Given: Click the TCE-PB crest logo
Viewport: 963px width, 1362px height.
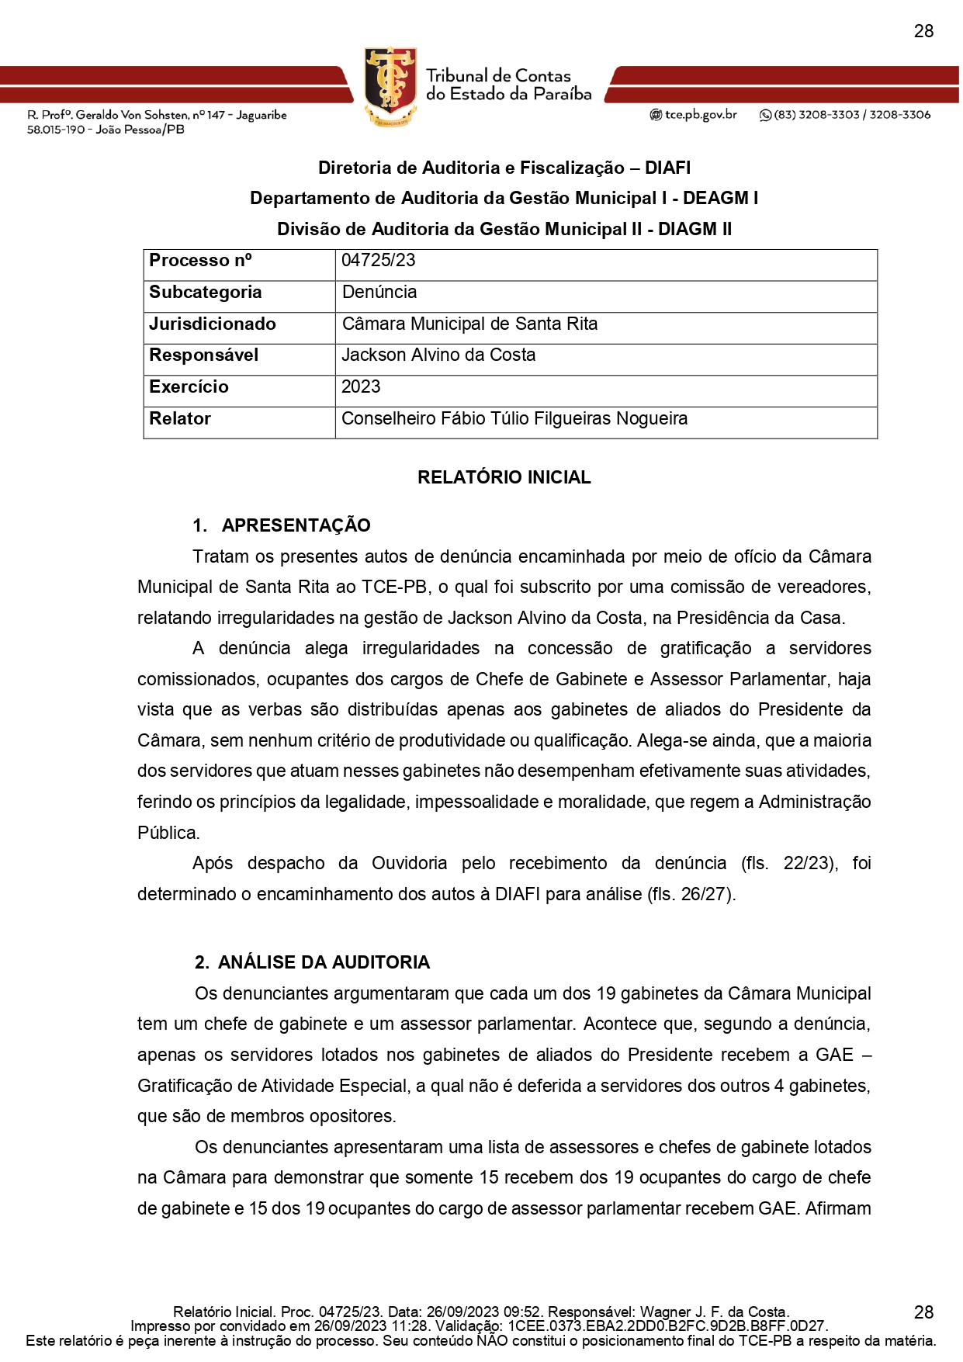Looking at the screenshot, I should coord(390,85).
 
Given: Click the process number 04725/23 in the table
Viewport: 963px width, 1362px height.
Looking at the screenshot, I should coord(378,261).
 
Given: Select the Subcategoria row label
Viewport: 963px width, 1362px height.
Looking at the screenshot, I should coord(206,293).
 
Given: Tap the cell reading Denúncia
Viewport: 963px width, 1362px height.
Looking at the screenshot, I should coord(379,293).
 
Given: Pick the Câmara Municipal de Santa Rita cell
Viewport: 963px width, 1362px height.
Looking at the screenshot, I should coord(469,324).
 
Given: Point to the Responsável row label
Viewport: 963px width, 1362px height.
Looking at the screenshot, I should coord(204,355).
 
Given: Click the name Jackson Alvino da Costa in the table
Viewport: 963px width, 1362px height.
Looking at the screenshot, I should coord(438,355).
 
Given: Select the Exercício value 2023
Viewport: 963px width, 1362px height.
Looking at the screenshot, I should coord(361,387).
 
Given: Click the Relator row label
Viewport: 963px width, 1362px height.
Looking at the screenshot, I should coord(180,419).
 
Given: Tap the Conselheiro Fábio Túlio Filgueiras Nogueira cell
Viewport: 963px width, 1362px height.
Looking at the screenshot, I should coord(514,419).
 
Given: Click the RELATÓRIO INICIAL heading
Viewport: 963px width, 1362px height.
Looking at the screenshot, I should coord(504,477).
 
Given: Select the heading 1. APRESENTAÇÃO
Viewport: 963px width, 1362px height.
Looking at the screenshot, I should coord(282,525).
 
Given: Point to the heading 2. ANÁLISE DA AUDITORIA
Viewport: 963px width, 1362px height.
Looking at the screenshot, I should coord(312,962).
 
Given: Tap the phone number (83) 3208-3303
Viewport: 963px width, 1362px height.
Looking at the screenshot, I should coord(816,115).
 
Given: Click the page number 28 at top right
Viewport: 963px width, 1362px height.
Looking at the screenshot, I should coord(923,31).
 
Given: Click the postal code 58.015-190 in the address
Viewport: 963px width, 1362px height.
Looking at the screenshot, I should coord(56,130).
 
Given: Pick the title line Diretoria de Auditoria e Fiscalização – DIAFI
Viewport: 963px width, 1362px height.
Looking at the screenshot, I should coord(504,168).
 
